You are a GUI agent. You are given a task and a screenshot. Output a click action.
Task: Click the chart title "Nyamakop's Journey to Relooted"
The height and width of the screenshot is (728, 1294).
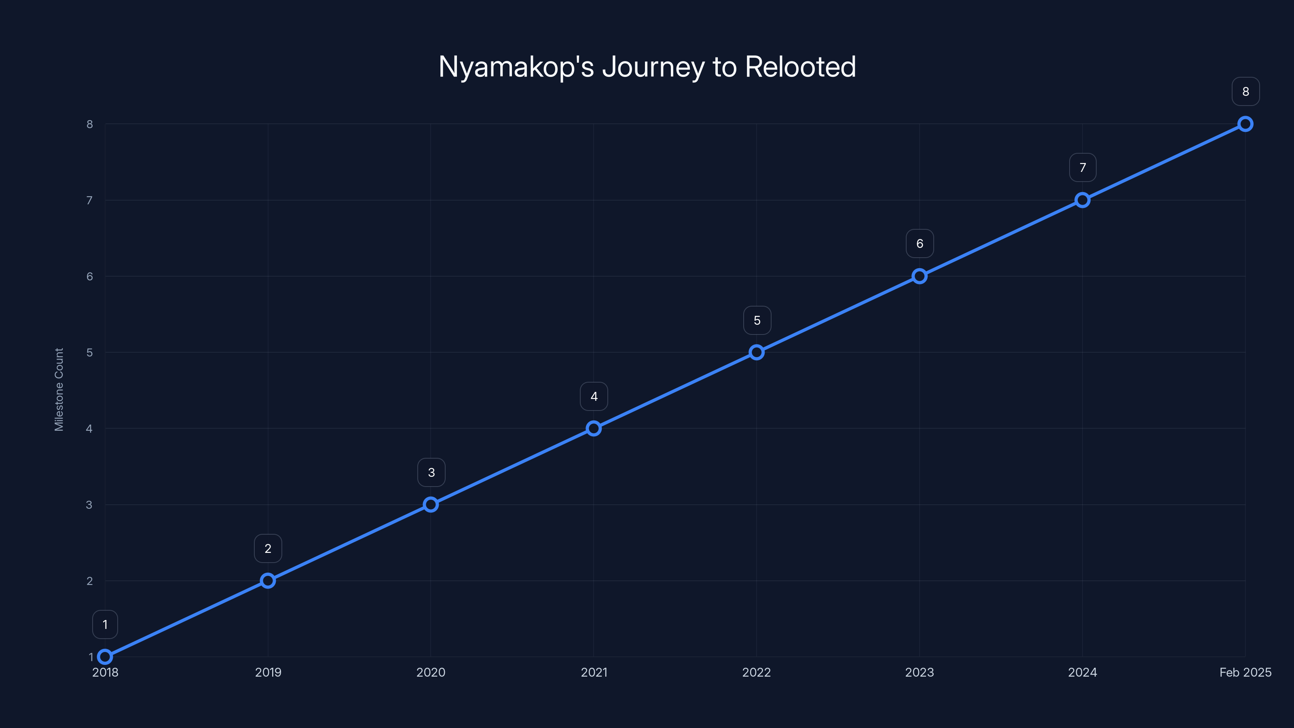647,67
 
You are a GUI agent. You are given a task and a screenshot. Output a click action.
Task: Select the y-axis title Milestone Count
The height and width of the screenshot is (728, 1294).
59,389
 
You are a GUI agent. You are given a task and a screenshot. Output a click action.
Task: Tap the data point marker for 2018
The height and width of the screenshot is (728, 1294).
105,657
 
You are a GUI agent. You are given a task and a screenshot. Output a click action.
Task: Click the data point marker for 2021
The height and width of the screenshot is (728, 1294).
594,429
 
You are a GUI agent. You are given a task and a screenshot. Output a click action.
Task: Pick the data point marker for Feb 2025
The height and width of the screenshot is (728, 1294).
1245,124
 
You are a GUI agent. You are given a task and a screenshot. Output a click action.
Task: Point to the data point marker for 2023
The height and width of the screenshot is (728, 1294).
919,276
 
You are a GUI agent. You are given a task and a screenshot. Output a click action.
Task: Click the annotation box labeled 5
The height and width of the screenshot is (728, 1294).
757,321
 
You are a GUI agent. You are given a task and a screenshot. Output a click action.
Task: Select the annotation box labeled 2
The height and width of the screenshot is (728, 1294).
268,549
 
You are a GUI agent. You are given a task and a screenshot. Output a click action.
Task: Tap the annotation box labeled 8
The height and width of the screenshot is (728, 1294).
1245,92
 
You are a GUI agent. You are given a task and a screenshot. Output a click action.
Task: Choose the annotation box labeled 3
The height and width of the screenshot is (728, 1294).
431,472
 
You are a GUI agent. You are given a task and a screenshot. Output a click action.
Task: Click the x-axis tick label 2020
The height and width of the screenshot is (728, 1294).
431,672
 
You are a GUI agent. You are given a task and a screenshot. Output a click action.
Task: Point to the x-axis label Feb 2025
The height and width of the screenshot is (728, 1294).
1245,672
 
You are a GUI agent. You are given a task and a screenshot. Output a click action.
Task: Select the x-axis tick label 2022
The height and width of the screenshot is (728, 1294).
757,672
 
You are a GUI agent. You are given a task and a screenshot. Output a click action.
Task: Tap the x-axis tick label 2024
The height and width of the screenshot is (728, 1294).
1083,672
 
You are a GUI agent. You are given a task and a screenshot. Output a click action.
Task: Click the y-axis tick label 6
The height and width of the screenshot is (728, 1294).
89,276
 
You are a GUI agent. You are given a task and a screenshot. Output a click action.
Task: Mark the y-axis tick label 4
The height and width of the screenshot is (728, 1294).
89,429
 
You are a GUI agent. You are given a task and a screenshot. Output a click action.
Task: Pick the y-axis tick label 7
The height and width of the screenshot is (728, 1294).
89,201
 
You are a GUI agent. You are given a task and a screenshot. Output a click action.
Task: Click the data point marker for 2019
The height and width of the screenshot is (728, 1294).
268,581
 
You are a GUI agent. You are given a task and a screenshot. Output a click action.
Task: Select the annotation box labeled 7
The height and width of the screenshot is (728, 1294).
1083,168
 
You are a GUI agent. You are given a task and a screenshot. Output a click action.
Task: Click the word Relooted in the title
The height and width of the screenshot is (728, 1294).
800,67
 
